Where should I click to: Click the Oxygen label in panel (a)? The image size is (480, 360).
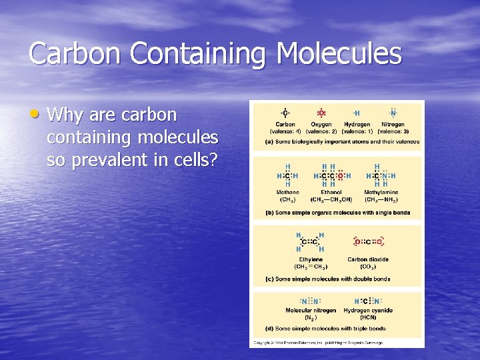click(x=321, y=124)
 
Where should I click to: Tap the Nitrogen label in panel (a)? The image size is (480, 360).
click(x=393, y=124)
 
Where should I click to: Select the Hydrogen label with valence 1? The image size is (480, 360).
click(x=357, y=124)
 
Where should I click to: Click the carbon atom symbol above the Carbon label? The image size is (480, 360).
click(x=285, y=113)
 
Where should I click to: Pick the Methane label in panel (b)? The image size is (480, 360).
click(x=287, y=193)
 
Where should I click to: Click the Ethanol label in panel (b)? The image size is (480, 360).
click(x=331, y=193)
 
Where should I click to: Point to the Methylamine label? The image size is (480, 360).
click(x=381, y=193)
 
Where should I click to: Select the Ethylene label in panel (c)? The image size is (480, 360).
click(x=311, y=259)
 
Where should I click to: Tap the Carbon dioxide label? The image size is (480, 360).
click(x=368, y=259)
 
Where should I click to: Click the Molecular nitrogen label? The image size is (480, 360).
click(x=311, y=311)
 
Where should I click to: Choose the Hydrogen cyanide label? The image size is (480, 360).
click(x=368, y=311)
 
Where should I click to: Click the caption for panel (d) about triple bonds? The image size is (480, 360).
click(x=325, y=328)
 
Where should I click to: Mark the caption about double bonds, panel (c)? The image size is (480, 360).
click(x=328, y=279)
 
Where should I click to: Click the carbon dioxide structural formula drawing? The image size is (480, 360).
click(x=368, y=242)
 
